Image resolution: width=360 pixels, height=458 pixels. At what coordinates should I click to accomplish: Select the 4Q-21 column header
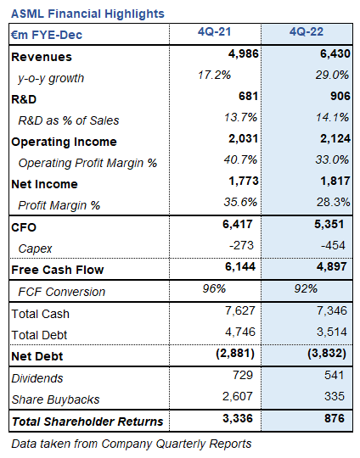(217, 33)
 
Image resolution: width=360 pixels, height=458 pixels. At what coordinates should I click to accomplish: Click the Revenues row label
(42, 57)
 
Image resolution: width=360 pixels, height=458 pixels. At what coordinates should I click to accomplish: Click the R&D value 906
(337, 98)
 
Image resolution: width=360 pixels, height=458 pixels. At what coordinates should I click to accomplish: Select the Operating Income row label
(64, 142)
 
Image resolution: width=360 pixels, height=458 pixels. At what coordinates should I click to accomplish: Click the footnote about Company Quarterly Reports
(132, 444)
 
